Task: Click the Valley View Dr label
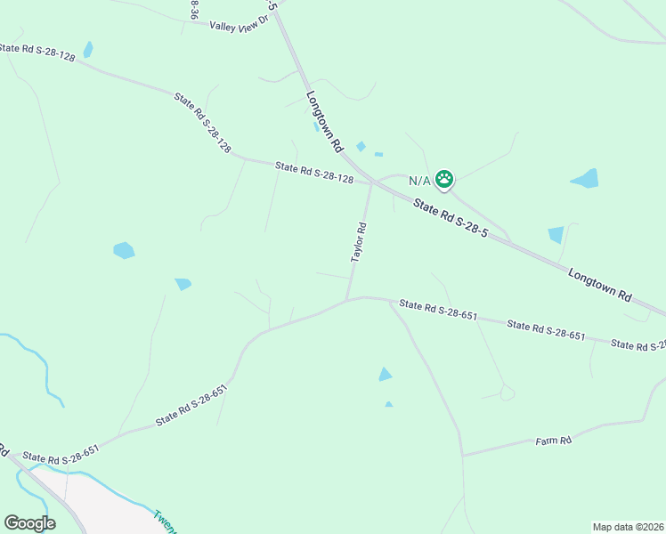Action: [239, 27]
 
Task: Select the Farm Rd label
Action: [553, 441]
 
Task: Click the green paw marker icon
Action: [444, 180]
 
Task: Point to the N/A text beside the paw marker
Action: [419, 181]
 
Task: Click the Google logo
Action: [29, 523]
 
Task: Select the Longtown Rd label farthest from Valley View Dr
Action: [599, 285]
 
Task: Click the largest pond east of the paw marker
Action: [585, 179]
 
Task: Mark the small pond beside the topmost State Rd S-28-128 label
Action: [87, 50]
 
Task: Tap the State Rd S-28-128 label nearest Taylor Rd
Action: [314, 173]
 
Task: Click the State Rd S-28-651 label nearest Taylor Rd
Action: [439, 310]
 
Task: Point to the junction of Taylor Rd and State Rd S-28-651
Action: [347, 300]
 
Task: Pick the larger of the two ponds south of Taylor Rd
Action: [385, 375]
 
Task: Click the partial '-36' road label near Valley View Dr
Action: [194, 9]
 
